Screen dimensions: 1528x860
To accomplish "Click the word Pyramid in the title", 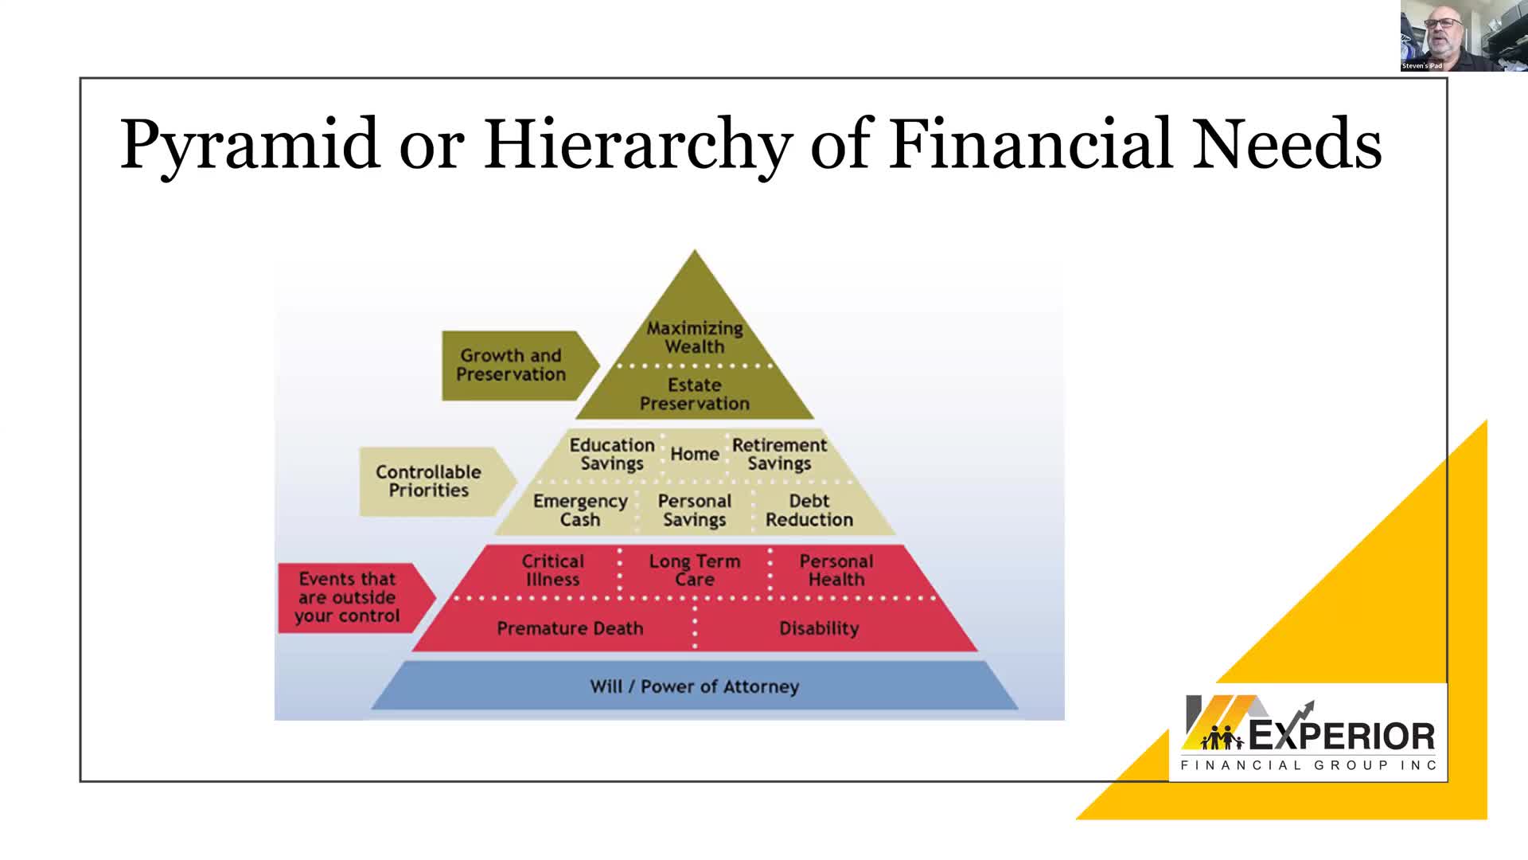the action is (x=250, y=145).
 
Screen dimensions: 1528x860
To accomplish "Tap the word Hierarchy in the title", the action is (x=638, y=145).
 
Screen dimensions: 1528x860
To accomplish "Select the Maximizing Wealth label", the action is (x=695, y=337).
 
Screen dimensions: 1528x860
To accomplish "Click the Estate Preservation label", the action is (x=695, y=394).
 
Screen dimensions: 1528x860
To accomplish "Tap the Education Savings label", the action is (x=612, y=454).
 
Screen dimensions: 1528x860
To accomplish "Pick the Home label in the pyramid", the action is (x=695, y=454).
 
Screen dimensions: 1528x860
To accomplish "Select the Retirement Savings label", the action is (x=779, y=454).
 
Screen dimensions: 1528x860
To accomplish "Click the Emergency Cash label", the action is (x=580, y=510).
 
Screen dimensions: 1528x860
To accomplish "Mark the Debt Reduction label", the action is (x=809, y=510).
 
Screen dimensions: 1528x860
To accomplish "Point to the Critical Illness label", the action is (x=553, y=570).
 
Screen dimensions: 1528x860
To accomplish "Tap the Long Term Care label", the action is (x=695, y=570).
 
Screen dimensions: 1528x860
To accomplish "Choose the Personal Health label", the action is (x=836, y=570).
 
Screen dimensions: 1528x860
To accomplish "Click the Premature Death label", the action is (x=570, y=628).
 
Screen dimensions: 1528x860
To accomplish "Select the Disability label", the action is (x=819, y=628).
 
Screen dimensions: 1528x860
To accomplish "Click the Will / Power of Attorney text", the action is (x=694, y=686).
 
